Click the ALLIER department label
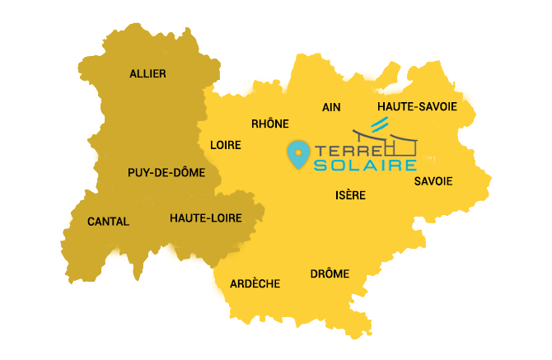pos(147,74)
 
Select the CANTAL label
pos(108,222)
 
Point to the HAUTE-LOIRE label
pos(204,218)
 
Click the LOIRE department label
pos(226,145)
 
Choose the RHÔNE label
pos(270,124)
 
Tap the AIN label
pos(332,108)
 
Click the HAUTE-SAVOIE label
pos(416,107)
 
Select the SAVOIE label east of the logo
pos(433,181)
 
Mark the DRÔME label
pos(330,274)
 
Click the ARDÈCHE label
pos(255,283)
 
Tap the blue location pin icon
pos(297,153)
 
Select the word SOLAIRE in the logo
pos(364,166)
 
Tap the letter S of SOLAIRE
pos(320,166)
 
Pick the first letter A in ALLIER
pos(133,74)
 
